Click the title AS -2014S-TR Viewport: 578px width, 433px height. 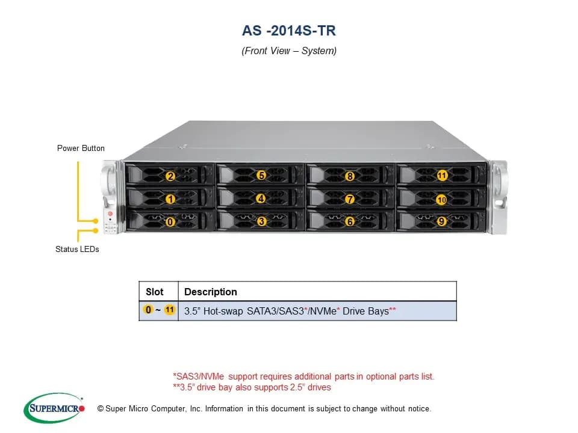tap(288, 31)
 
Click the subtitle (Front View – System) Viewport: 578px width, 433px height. tap(289, 51)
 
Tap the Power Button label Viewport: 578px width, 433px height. tap(81, 148)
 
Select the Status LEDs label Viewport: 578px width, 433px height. tap(77, 249)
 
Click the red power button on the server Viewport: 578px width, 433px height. tap(110, 213)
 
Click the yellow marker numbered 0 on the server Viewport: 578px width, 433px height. tap(170, 222)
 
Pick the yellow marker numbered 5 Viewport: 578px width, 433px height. tap(261, 175)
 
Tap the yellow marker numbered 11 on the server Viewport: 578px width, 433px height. tap(442, 176)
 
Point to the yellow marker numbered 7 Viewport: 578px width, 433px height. tap(349, 199)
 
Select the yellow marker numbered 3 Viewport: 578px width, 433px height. tap(261, 221)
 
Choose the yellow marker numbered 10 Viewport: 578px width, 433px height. tap(441, 200)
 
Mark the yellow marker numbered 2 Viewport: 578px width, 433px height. tap(170, 176)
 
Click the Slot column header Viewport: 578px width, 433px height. tap(155, 292)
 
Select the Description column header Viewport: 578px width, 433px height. tap(211, 292)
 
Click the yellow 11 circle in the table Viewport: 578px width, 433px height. tap(170, 310)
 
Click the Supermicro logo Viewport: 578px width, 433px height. tap(54, 408)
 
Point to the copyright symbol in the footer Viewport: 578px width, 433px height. tap(101, 409)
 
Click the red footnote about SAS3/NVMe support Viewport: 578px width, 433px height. tap(303, 376)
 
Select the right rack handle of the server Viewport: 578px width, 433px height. tap(499, 197)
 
